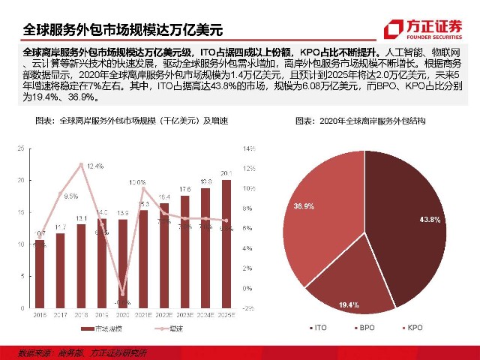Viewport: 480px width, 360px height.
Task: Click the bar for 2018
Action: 81,262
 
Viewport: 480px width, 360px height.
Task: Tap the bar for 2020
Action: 123,262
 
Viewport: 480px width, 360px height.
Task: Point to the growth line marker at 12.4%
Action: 81,163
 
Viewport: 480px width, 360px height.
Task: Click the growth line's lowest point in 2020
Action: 123,294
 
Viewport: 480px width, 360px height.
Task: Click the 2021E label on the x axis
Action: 143,316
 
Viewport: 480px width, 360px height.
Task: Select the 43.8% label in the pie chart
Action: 430,219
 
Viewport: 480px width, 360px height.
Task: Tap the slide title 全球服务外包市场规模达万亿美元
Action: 123,30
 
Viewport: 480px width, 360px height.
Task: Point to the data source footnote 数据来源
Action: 82,352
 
